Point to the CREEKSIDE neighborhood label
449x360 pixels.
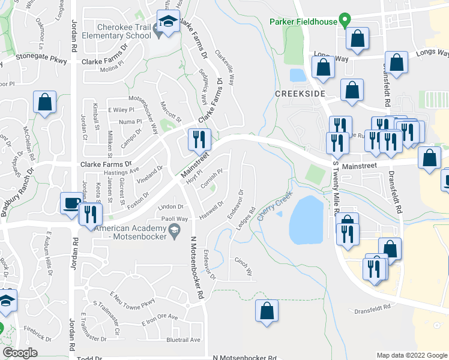tap(300, 94)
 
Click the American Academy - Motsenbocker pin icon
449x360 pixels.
tap(174, 229)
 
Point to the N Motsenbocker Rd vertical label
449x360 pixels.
tap(194, 266)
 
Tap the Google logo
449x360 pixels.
tap(20, 353)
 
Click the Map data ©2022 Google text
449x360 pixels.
tap(412, 356)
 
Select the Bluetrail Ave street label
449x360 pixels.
tap(184, 340)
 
